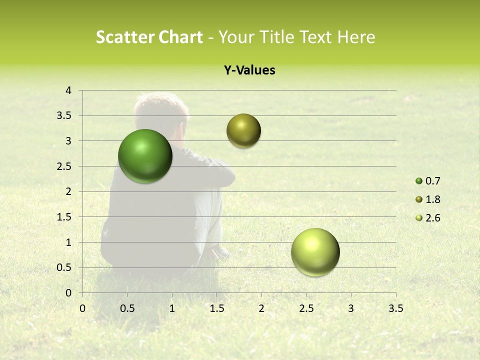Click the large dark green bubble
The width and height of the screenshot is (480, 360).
[x=145, y=156]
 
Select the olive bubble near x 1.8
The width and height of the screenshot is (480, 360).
[x=243, y=131]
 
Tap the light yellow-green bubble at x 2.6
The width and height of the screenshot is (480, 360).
[x=315, y=252]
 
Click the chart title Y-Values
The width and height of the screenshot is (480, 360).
[x=249, y=70]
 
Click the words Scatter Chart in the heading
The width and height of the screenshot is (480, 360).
[x=149, y=37]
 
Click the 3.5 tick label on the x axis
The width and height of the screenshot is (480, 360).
[x=395, y=308]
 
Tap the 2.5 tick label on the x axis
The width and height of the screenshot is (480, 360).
[x=306, y=308]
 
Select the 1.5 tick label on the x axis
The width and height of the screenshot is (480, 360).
[x=216, y=308]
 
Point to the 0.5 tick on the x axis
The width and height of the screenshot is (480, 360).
[x=127, y=308]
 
